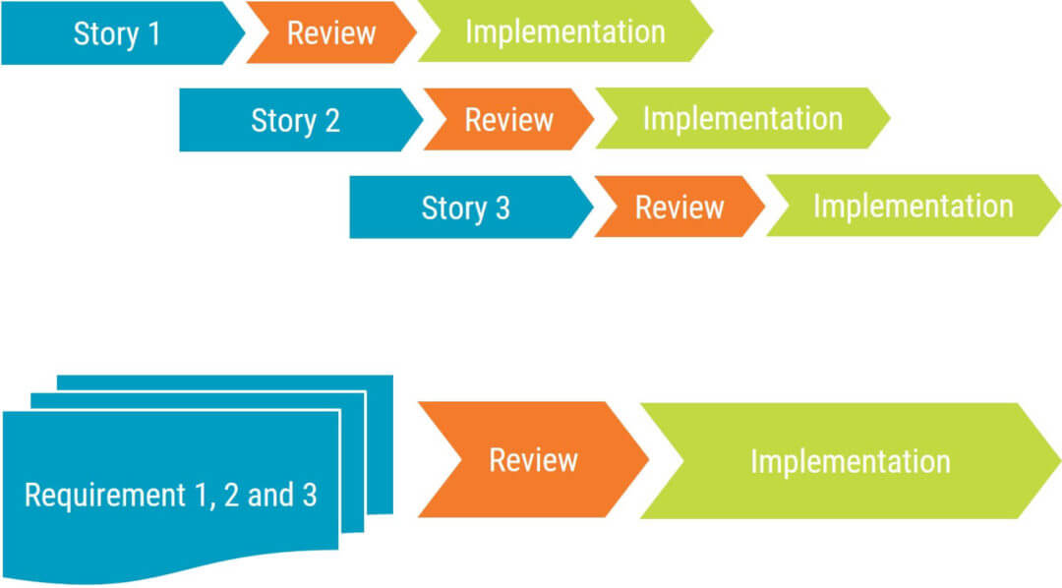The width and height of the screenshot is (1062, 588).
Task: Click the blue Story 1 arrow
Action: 116,33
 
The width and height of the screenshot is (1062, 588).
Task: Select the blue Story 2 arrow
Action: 295,120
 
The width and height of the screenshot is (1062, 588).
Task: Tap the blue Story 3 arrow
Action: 465,207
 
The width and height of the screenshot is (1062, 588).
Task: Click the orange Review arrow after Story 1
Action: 331,33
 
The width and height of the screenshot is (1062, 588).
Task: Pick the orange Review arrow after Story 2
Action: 508,120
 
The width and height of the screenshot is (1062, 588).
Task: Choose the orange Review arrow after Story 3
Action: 679,207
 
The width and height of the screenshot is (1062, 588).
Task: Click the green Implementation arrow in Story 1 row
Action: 564,31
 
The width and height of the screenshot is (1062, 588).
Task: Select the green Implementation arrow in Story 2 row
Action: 742,119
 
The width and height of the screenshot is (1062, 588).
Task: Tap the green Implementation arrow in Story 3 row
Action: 913,206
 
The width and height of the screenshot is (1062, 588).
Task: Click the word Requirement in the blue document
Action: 89,496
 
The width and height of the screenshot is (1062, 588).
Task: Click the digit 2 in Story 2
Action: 331,121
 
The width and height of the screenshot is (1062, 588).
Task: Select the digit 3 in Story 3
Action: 501,208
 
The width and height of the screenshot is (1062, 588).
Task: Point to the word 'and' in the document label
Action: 270,495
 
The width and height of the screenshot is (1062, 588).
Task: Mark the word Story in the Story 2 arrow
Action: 281,121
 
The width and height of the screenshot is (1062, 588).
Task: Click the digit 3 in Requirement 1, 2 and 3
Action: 310,495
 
